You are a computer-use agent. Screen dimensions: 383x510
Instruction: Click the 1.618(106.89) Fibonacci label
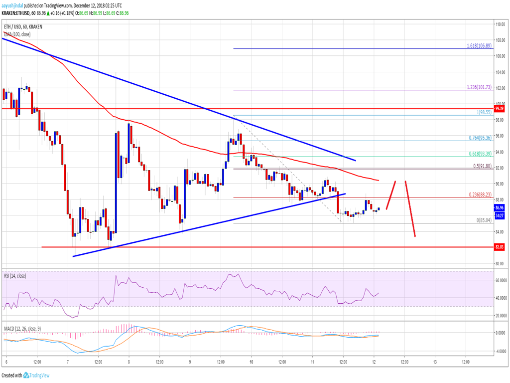pyautogui.click(x=480, y=45)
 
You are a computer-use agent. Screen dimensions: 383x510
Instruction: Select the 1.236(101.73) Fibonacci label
pyautogui.click(x=480, y=87)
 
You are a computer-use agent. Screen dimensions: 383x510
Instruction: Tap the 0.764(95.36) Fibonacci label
pyautogui.click(x=480, y=137)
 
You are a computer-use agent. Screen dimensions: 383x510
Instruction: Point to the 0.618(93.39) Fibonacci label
pyautogui.click(x=480, y=153)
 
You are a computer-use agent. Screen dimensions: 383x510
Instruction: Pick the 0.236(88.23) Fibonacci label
pyautogui.click(x=480, y=194)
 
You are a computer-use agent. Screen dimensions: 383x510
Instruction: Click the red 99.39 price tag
pyautogui.click(x=500, y=108)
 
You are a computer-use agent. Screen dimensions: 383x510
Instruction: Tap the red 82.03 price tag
pyautogui.click(x=500, y=247)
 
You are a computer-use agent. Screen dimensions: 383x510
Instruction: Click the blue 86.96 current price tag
pyautogui.click(x=500, y=207)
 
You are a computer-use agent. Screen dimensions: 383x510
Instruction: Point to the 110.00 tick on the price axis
pyautogui.click(x=500, y=24)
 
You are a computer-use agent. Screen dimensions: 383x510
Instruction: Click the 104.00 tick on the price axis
pyautogui.click(x=500, y=72)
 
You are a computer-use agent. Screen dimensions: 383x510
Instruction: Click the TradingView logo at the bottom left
pyautogui.click(x=32, y=375)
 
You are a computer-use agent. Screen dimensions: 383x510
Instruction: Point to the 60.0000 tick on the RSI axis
pyautogui.click(x=500, y=280)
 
